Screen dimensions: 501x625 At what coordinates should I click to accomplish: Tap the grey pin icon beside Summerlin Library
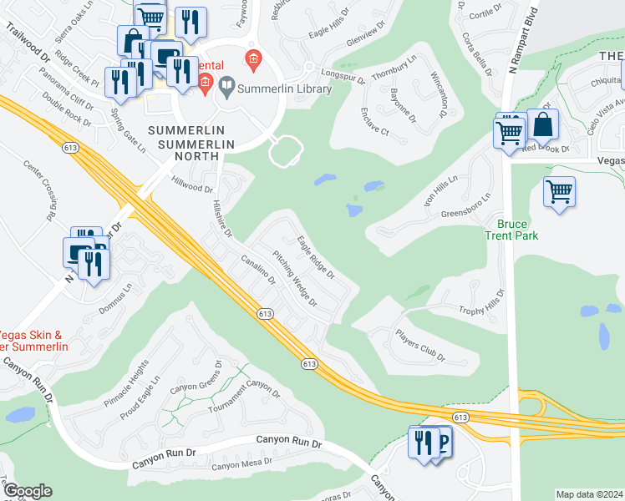coord(226,87)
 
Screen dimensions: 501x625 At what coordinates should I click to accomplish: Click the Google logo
coord(28,491)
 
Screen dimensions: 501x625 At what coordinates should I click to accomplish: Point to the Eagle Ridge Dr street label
coord(317,256)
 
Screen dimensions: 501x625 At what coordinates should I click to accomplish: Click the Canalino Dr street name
coord(258,267)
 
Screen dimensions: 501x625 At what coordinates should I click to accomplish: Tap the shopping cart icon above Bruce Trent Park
coord(559,190)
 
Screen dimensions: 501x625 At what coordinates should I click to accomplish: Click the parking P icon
coord(440,442)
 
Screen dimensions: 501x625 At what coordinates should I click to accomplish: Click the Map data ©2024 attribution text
coord(589,494)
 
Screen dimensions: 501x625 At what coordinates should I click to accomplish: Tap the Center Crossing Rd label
coord(39,190)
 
